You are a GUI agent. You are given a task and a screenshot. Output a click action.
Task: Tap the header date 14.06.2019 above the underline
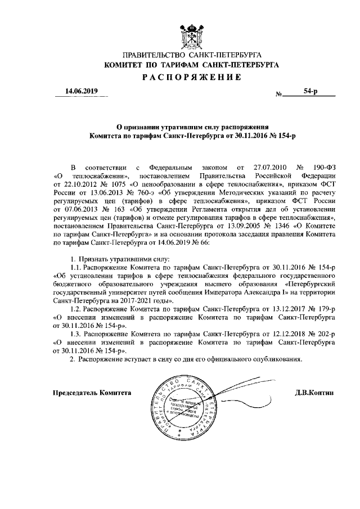coord(81,91)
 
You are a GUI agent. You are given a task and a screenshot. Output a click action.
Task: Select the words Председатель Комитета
coord(92,393)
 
